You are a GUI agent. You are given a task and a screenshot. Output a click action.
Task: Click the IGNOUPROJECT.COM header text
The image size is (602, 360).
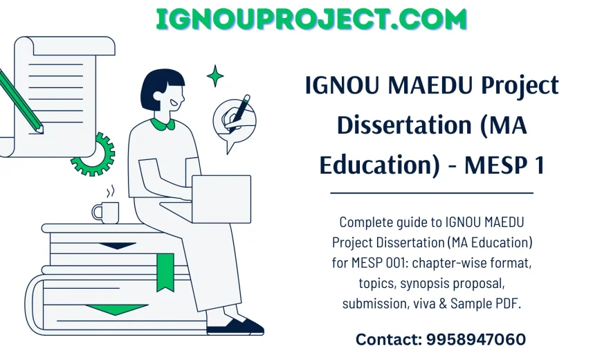311,19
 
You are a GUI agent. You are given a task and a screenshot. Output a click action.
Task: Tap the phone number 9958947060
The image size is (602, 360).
475,339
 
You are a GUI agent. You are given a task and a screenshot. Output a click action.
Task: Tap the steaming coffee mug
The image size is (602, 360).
105,212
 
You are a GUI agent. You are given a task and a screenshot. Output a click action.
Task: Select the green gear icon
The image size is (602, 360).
93,154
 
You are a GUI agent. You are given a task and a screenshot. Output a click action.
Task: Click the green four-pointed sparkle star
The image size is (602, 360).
215,75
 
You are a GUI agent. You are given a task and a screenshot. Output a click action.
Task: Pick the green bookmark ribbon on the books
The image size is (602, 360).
165,271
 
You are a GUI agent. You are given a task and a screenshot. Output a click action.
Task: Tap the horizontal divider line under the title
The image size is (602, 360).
432,193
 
